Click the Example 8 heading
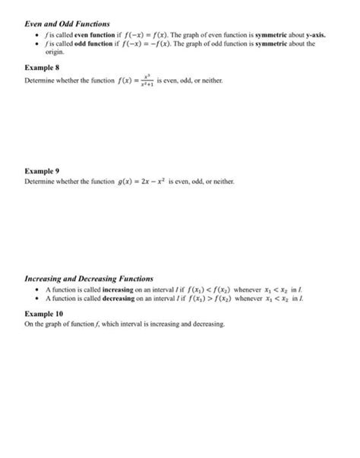(42, 68)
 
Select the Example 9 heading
(42, 172)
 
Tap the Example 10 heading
(43, 312)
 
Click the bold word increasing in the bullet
(109, 290)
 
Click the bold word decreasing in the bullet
(109, 299)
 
